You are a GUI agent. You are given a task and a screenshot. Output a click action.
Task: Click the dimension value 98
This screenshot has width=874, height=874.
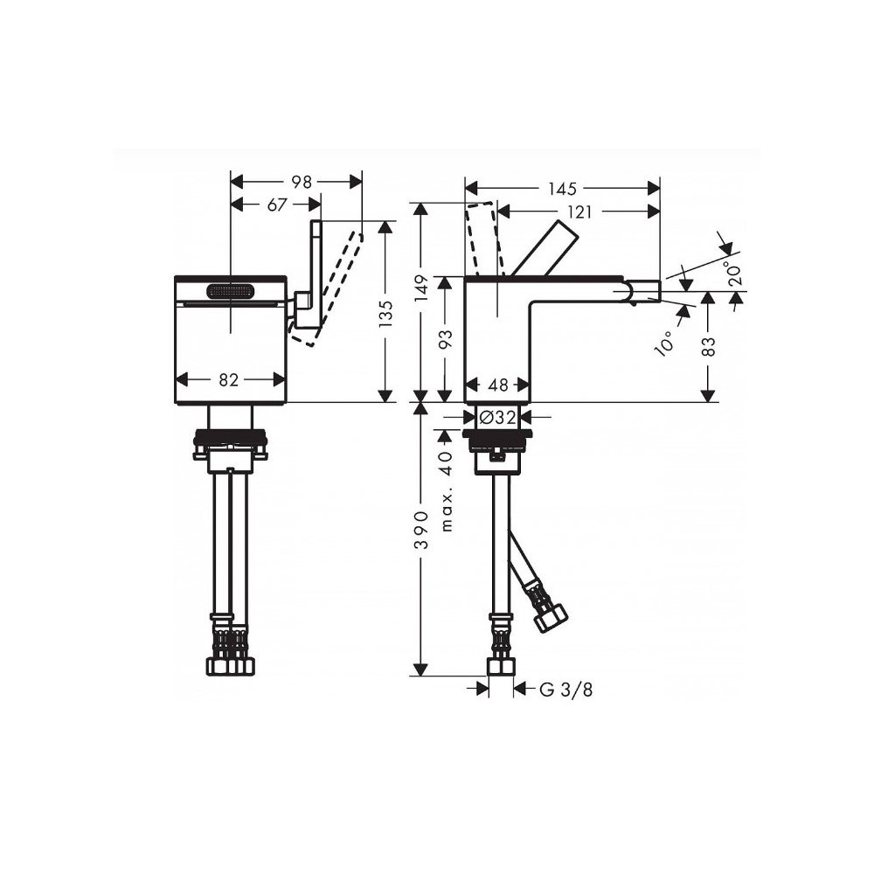(x=302, y=183)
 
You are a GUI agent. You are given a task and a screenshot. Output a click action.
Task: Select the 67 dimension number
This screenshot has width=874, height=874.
(x=277, y=205)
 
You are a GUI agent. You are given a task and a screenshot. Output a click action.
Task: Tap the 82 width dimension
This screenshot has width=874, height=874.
(x=229, y=380)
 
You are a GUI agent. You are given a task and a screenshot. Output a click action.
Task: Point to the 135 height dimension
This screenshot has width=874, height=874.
(x=385, y=313)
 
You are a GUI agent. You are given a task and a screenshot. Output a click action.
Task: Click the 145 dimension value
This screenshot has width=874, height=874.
(x=562, y=189)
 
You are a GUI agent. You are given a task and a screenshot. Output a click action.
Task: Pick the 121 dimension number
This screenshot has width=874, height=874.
(x=579, y=212)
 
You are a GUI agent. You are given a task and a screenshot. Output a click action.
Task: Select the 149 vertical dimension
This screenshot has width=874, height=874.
(x=423, y=288)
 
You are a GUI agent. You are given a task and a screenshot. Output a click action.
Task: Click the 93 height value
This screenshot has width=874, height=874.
(x=446, y=339)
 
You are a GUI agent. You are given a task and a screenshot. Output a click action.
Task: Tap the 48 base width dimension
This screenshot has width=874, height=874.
(x=498, y=385)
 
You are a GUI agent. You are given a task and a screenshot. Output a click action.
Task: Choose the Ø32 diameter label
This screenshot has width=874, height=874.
(x=497, y=417)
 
